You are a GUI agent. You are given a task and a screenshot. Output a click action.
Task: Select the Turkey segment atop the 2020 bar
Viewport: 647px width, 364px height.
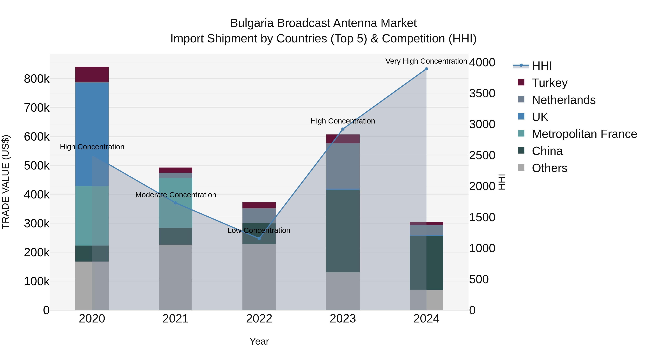tap(92, 74)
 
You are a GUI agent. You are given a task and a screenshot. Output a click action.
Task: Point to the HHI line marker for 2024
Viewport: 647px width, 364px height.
tap(426, 69)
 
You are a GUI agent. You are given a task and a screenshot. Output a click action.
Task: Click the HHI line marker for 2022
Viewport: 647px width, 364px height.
tap(259, 238)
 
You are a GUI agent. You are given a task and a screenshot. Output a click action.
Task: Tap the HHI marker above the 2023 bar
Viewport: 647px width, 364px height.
tap(343, 129)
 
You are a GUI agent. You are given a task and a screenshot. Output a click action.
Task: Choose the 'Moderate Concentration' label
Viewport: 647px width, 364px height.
tap(176, 195)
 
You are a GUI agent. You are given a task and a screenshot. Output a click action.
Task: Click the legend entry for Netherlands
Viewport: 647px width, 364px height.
tap(563, 100)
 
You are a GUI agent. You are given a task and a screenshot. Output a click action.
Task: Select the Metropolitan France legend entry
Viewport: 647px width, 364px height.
tap(584, 134)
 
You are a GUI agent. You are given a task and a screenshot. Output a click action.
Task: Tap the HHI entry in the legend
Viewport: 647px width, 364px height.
tap(542, 66)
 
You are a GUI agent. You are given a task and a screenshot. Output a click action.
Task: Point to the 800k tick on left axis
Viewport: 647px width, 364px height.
tap(37, 79)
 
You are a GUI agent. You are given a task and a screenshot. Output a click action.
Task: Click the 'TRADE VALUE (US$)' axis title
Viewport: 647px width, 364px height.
tap(6, 182)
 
